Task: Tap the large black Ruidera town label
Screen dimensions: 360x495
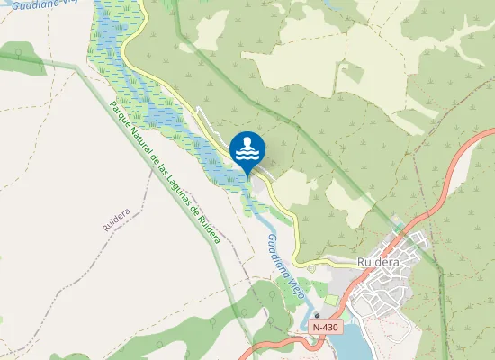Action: coord(378,262)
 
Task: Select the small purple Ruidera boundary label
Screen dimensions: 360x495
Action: coord(117,220)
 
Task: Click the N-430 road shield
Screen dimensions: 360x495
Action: coord(326,328)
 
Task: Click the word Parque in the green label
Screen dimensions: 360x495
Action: coord(120,115)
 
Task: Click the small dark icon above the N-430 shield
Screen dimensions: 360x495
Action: coord(317,315)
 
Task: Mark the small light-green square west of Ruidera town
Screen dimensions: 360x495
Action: coord(335,298)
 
